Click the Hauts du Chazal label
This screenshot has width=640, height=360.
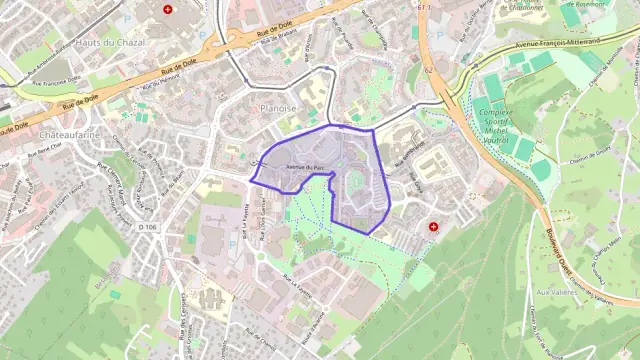pyautogui.click(x=110, y=43)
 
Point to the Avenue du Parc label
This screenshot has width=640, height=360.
pyautogui.click(x=306, y=166)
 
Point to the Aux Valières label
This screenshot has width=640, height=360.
pyautogui.click(x=558, y=292)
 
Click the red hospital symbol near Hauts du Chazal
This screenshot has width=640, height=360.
pyautogui.click(x=167, y=9)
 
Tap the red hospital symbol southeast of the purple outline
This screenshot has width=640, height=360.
pyautogui.click(x=433, y=227)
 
